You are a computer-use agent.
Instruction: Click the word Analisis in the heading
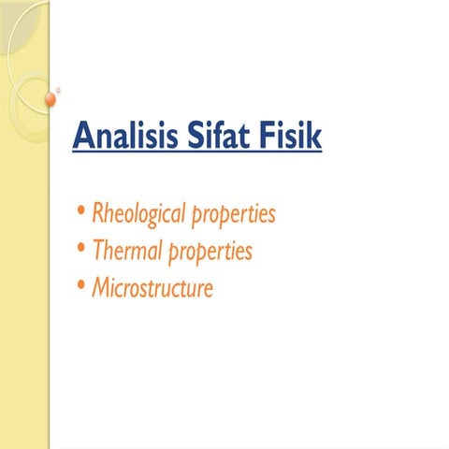(124, 137)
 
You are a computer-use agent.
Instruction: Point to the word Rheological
(139, 214)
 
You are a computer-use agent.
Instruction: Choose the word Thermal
(126, 251)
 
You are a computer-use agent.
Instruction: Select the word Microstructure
(152, 287)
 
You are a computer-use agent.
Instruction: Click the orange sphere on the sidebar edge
(51, 98)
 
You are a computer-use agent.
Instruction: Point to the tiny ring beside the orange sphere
(59, 90)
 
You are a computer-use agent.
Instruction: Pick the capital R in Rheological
(98, 214)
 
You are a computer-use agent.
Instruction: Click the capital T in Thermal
(97, 250)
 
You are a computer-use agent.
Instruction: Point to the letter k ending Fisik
(314, 137)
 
